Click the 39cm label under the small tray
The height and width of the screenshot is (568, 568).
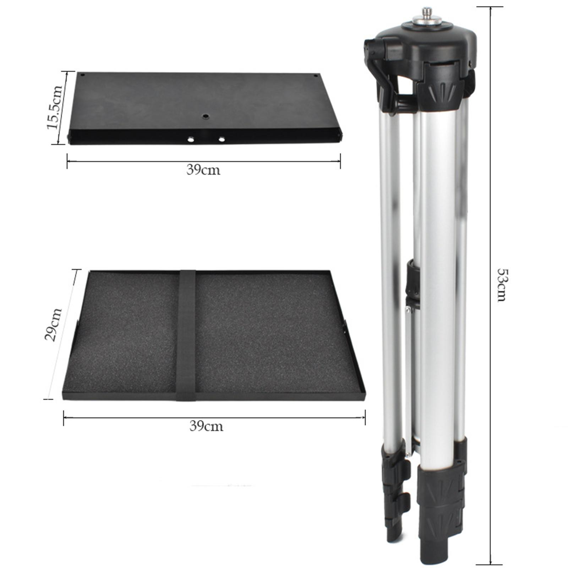point(203,170)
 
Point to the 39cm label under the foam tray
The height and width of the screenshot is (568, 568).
point(206,426)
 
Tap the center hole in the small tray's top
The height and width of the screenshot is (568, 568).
point(205,116)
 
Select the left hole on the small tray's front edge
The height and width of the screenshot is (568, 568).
point(191,140)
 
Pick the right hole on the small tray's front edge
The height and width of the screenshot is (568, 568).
point(222,139)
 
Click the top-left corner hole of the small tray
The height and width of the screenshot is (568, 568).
point(82,75)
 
